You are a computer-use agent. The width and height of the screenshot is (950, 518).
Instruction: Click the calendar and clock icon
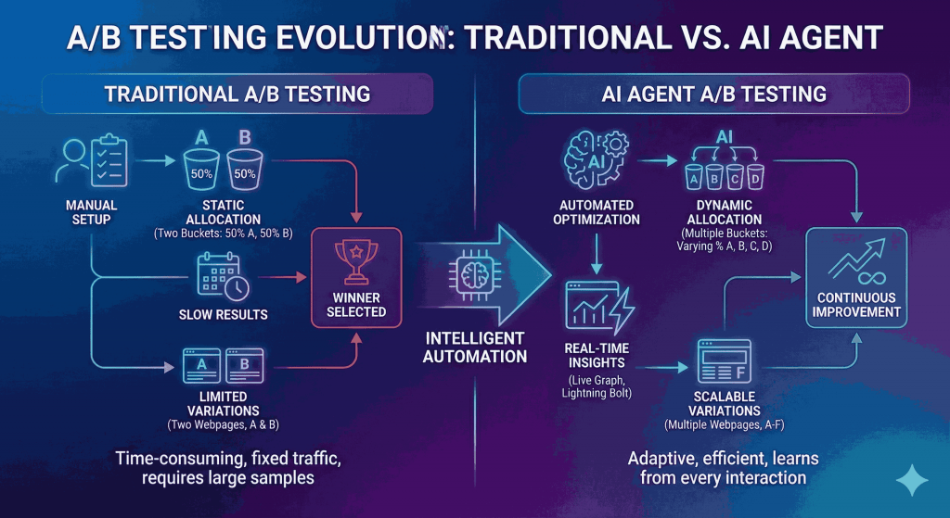(222, 275)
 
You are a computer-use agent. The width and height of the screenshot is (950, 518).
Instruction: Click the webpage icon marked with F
(726, 363)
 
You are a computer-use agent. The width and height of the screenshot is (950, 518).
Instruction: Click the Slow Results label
(223, 315)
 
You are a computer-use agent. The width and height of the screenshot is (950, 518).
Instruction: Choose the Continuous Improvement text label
(857, 304)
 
